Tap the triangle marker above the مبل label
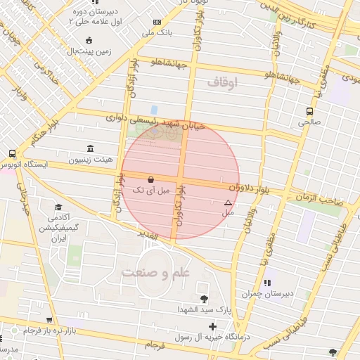click(x=227, y=202)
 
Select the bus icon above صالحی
click(x=309, y=111)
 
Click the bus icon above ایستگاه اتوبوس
click(x=12, y=153)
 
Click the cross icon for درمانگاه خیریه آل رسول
click(x=212, y=326)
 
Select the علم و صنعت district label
click(x=154, y=271)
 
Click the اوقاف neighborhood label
click(x=223, y=83)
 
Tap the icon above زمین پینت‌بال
click(x=88, y=40)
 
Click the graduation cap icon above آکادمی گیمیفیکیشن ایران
click(x=58, y=207)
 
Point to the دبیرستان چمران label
click(x=264, y=294)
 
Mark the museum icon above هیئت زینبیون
click(x=89, y=148)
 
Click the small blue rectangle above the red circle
click(x=154, y=110)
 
